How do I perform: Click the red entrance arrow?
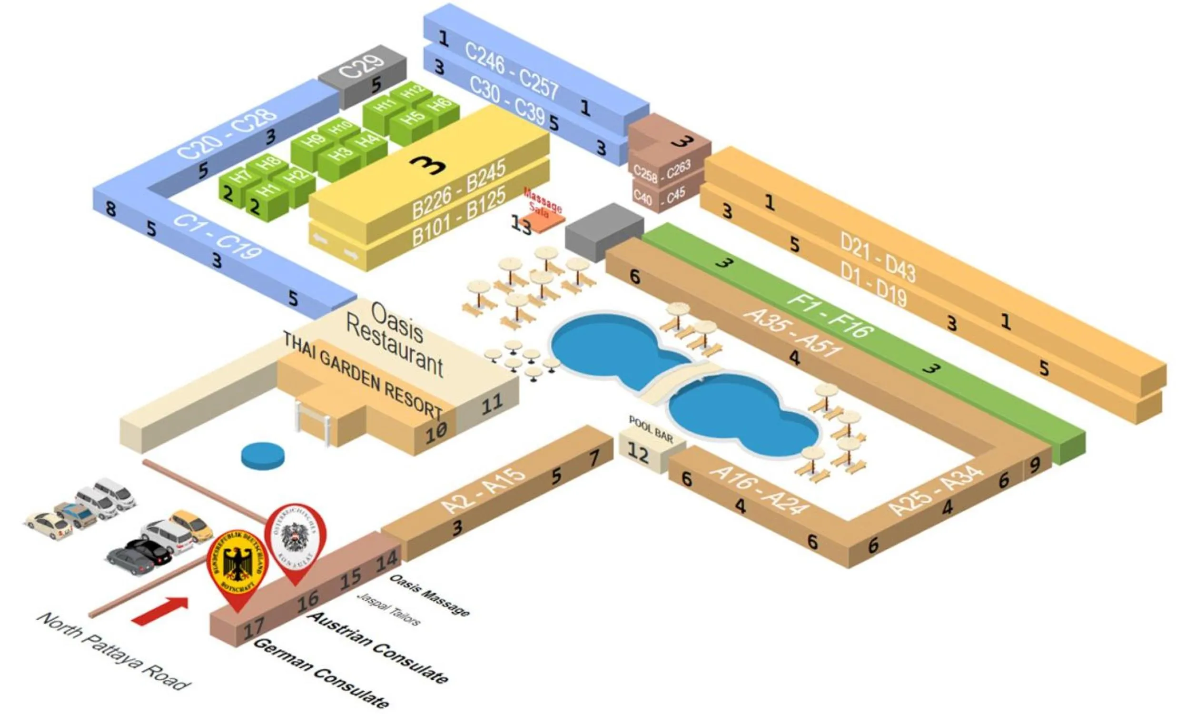tap(160, 611)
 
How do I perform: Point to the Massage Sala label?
tap(542, 202)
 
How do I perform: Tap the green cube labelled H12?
tap(413, 92)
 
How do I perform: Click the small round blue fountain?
tap(263, 456)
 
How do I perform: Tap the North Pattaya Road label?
tap(114, 652)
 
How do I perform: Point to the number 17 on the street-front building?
tap(254, 627)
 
